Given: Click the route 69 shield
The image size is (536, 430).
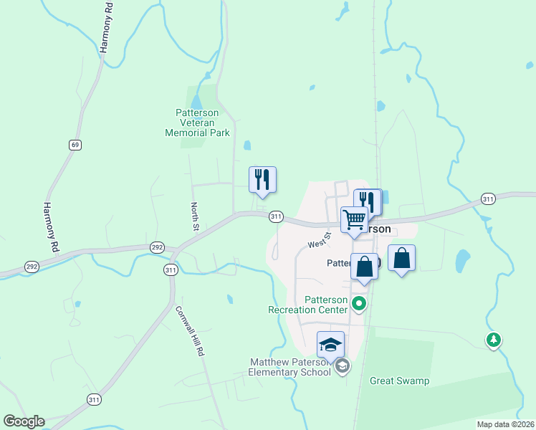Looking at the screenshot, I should (x=75, y=145).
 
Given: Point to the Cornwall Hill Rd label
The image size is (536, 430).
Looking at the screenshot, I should (x=191, y=333).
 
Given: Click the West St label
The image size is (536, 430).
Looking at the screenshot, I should (x=320, y=239).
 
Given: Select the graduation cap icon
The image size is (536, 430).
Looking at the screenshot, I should (x=330, y=345).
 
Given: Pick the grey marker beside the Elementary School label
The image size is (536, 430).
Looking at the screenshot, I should (x=343, y=366).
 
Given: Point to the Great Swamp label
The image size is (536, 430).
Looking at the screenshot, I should (x=399, y=381).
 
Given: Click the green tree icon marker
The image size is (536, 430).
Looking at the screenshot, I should (x=493, y=339).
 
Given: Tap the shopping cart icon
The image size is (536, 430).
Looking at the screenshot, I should (x=354, y=220).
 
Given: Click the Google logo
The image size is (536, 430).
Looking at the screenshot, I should (x=24, y=421).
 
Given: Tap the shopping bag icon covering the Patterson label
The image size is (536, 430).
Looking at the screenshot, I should (x=364, y=267).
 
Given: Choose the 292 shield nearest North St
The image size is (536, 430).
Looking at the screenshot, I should (x=158, y=247).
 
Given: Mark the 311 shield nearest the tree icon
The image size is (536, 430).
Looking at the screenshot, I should (x=488, y=199).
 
